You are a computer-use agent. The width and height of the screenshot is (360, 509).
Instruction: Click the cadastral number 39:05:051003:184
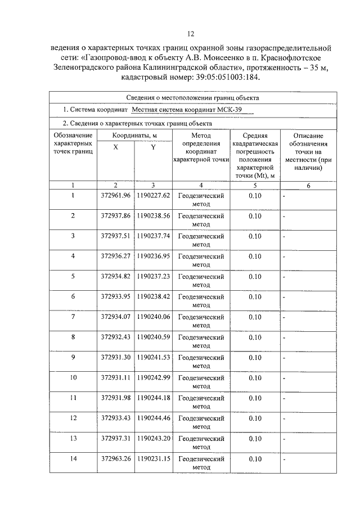point(220,78)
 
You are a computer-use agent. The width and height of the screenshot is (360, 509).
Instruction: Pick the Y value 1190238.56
point(153,215)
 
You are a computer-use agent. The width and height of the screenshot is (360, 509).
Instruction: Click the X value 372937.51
point(115,236)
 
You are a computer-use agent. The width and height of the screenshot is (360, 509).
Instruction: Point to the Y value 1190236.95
point(153,256)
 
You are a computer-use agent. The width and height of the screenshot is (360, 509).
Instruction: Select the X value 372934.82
point(115,276)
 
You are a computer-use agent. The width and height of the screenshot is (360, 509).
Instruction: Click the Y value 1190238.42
point(153,296)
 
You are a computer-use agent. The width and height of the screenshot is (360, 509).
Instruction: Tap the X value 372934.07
point(115,317)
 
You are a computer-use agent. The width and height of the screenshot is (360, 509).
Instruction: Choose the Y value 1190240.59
point(153,337)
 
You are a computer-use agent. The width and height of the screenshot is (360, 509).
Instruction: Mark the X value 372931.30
point(115,357)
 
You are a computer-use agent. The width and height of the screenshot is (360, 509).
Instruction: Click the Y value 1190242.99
point(153,377)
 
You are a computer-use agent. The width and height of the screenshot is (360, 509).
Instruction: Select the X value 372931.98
point(115,398)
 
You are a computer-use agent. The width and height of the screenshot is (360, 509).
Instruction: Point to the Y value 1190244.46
point(153,418)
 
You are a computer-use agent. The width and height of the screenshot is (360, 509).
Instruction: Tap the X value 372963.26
point(115,458)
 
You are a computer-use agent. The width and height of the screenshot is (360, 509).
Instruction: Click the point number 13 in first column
point(73,438)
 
